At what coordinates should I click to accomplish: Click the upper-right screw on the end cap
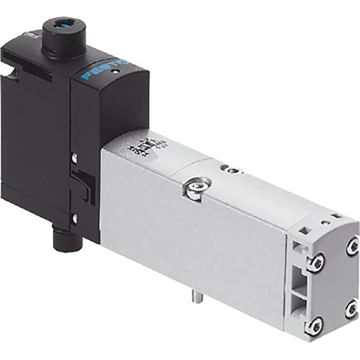pos(352,247)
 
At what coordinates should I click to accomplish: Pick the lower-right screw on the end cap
pos(351,308)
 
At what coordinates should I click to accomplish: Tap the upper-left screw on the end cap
pos(316,262)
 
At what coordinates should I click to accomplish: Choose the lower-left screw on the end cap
pos(316,325)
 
